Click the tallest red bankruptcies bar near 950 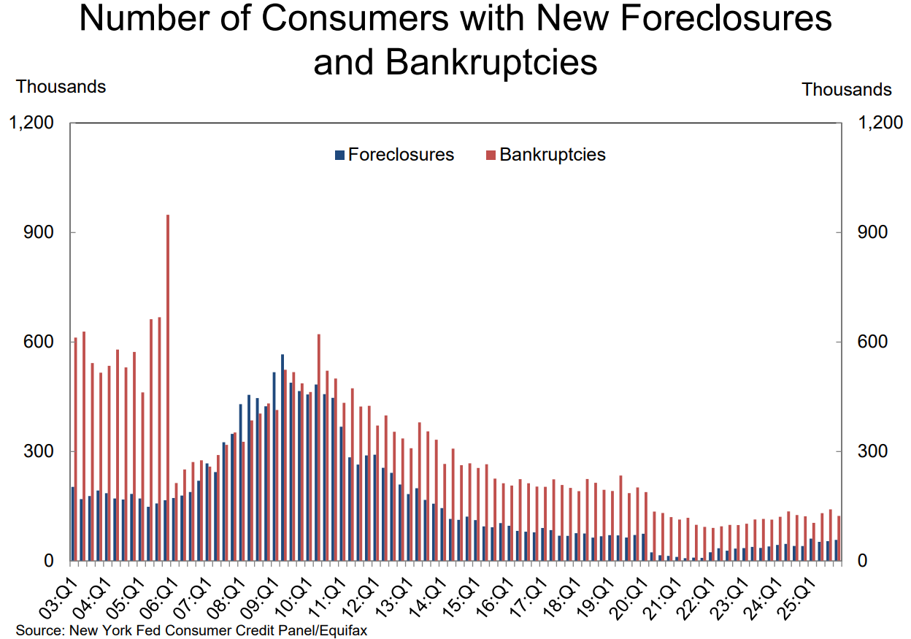[168, 387]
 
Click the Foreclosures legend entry [394, 155]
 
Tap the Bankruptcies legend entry [546, 155]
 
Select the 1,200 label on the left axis [31, 123]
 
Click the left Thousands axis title [61, 87]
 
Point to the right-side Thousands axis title [847, 90]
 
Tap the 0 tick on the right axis [853, 561]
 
